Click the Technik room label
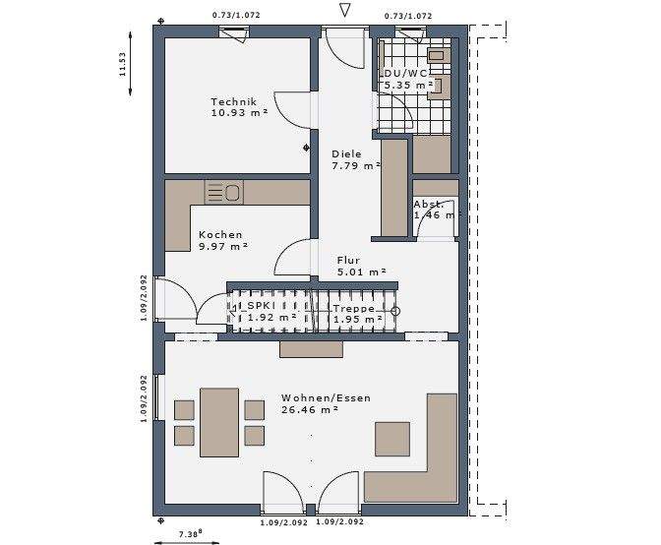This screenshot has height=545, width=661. tap(233, 101)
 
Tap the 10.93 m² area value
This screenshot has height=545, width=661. tap(237, 113)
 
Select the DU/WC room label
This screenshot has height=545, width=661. tap(406, 73)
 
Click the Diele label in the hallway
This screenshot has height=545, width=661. tap(346, 154)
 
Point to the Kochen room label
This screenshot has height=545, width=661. tap(219, 234)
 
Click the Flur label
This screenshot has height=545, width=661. tap(349, 261)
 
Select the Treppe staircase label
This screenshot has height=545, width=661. tap(351, 308)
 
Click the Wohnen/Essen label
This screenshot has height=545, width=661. tap(314, 397)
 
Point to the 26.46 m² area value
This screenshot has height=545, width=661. tap(310, 410)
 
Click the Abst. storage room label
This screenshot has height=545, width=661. tap(430, 204)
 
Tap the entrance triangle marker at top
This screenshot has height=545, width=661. tap(344, 11)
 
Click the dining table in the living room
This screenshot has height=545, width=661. tap(218, 422)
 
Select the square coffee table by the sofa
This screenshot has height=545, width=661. tap(392, 438)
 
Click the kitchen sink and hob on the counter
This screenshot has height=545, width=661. tap(223, 191)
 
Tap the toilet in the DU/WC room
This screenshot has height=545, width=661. tap(438, 56)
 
